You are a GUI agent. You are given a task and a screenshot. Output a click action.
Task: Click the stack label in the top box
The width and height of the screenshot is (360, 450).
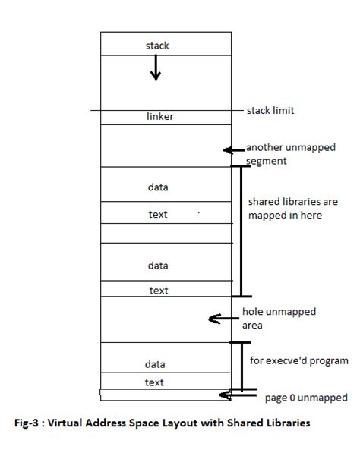coord(157,46)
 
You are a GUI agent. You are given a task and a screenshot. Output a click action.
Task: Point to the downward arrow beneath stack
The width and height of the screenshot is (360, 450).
coord(156,69)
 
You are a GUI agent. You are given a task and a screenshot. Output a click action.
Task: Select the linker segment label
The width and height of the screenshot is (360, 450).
coord(160,116)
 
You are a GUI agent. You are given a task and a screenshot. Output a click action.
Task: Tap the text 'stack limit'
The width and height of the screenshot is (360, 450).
coord(270,111)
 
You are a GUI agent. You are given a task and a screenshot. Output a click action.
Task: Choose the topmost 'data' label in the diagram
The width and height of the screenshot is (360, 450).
coord(158,186)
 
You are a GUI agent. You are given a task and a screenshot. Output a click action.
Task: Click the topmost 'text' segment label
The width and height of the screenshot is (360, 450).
coord(158,215)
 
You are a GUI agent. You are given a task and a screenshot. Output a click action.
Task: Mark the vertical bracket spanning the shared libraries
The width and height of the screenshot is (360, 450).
coord(241,231)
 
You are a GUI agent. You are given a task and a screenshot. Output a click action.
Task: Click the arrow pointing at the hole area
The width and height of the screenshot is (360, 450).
coord(221,319)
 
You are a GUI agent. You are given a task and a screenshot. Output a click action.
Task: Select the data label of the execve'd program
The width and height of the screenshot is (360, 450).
coord(155,364)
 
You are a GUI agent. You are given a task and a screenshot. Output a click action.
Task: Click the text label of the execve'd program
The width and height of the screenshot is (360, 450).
coord(154,382)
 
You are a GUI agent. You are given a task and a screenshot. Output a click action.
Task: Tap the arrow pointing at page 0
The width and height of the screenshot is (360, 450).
coord(228,395)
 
